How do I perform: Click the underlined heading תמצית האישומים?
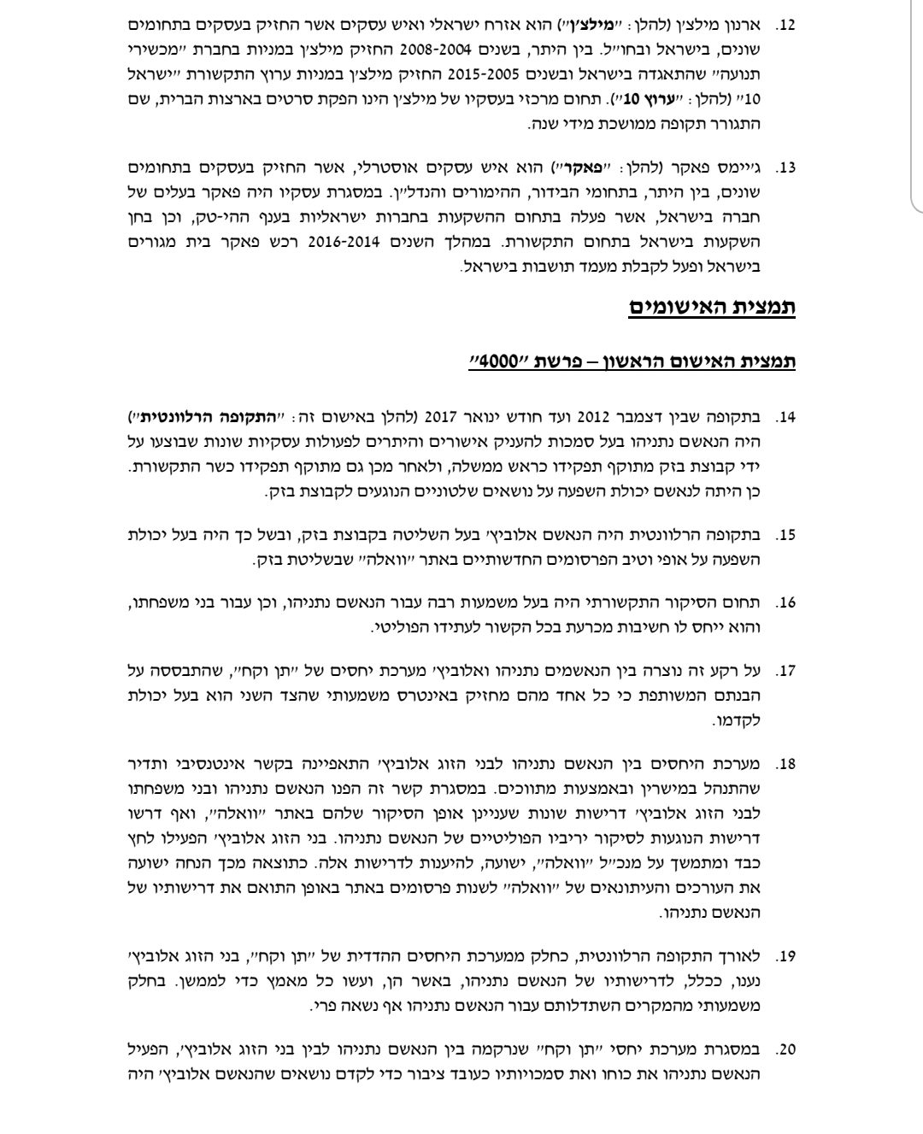click(712, 308)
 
